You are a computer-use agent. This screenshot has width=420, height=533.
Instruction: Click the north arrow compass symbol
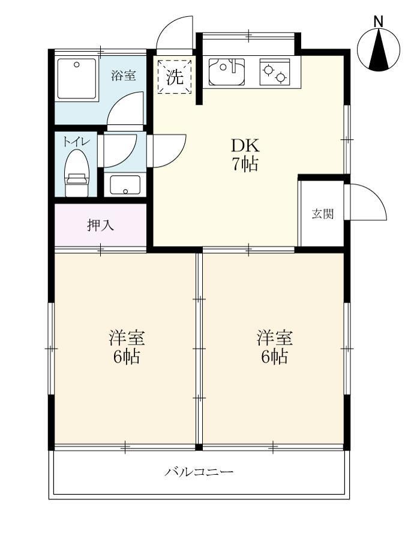(378, 51)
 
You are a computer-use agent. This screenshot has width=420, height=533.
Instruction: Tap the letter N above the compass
(378, 22)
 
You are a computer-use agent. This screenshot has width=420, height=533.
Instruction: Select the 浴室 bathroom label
(124, 76)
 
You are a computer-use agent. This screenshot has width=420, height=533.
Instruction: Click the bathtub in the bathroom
(76, 79)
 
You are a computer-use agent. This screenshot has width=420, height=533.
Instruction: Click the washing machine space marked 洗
(174, 77)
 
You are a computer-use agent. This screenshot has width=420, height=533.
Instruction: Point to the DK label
(245, 146)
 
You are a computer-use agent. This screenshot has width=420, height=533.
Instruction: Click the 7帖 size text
(245, 164)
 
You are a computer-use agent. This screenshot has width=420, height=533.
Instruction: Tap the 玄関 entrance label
(322, 214)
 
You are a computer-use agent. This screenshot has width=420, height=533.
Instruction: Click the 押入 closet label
(100, 226)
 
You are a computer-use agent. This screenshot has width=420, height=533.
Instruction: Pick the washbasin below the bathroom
(125, 185)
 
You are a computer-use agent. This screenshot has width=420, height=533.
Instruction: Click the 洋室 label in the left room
(126, 338)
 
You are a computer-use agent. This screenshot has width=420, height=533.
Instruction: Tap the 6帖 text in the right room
(274, 357)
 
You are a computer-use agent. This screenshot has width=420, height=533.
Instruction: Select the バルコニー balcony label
(199, 472)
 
